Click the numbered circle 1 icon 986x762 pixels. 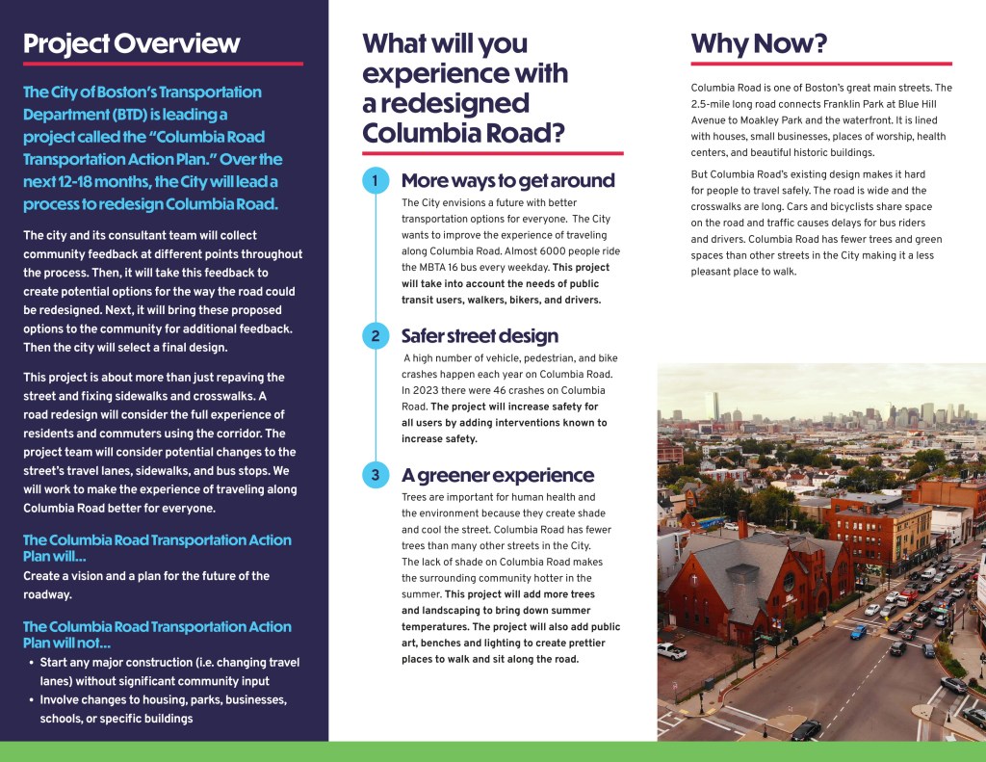[376, 181]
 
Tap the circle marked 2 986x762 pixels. [376, 336]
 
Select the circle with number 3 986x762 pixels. [376, 475]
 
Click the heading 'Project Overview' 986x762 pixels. [131, 43]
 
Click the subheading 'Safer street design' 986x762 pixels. [480, 336]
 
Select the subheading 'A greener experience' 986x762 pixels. [497, 475]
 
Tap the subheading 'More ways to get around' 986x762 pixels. [507, 181]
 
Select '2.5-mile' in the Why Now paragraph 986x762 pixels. [715, 104]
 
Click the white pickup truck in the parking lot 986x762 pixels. [672, 651]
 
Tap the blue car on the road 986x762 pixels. [857, 632]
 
